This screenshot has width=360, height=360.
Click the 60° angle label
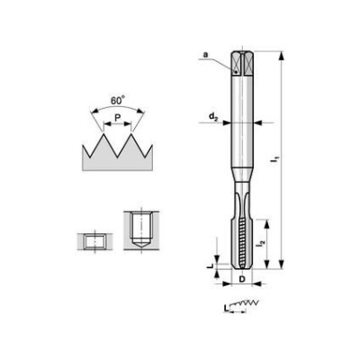coord(117,100)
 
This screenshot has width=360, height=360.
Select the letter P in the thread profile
coord(118,117)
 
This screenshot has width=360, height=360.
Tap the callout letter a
coord(205,55)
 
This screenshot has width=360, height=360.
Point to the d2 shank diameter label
coord(213,117)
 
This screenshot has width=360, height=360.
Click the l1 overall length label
coord(274,159)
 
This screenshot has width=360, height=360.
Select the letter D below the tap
coord(242,279)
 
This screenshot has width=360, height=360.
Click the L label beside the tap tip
coord(211,265)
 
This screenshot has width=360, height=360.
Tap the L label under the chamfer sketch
coord(226,308)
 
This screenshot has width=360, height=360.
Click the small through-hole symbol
coord(94,241)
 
